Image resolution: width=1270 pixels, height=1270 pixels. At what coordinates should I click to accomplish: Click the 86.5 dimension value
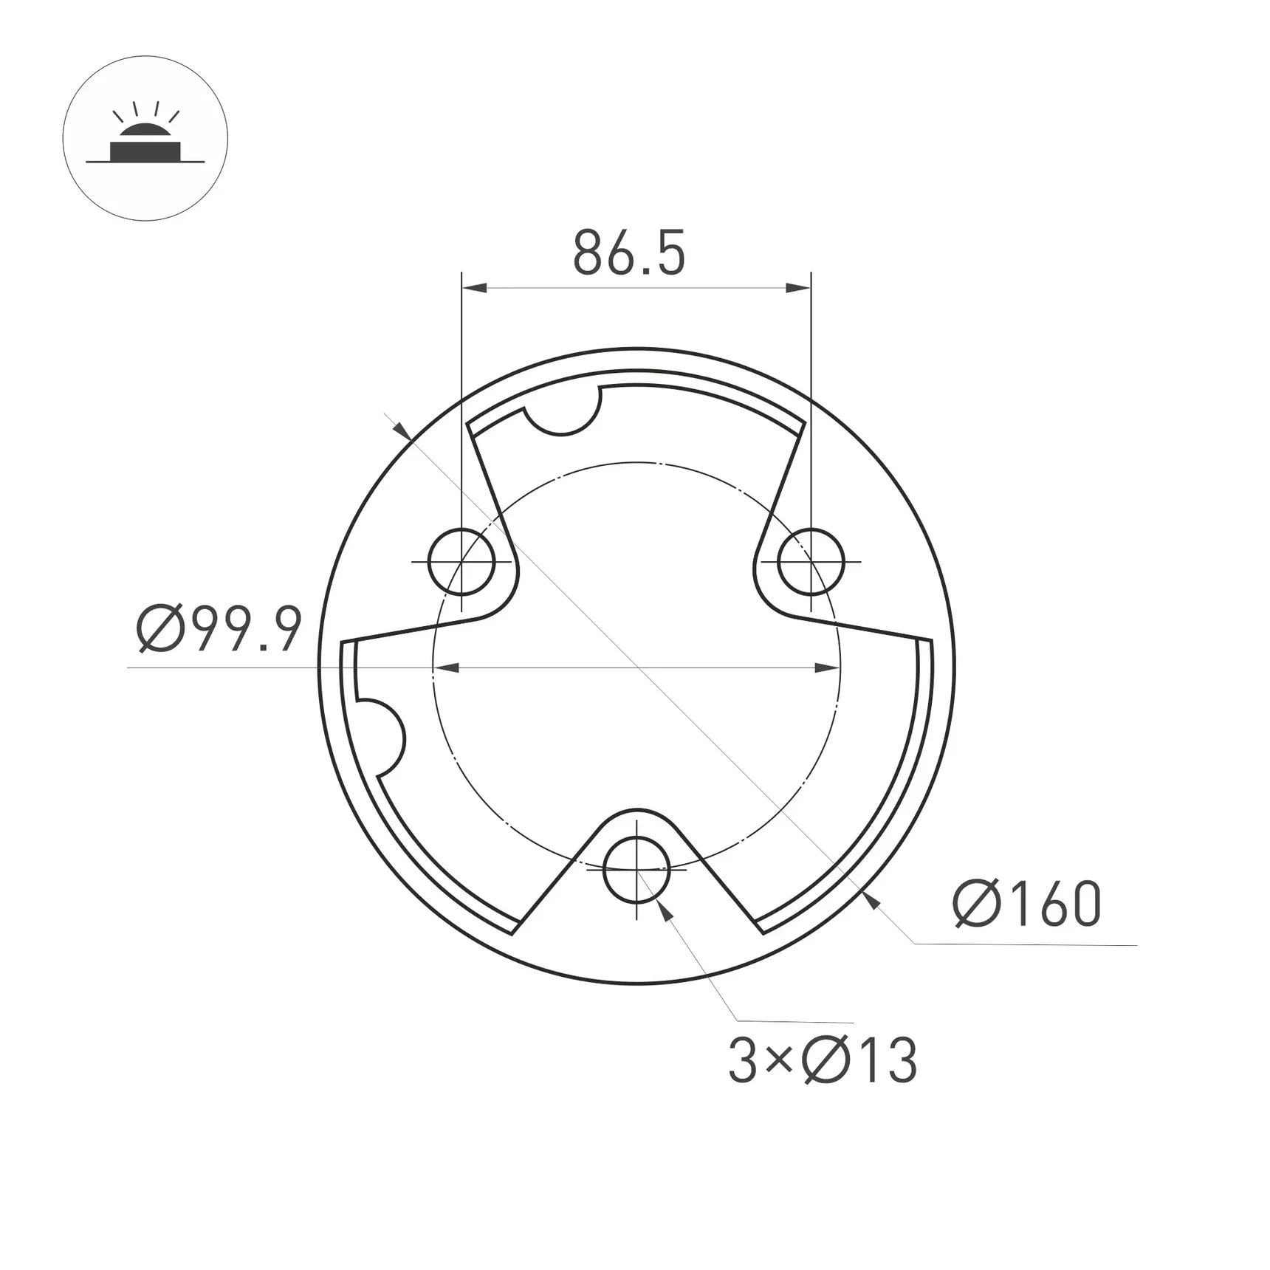pos(629,253)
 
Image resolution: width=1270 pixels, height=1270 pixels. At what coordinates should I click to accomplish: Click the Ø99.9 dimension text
pos(219,630)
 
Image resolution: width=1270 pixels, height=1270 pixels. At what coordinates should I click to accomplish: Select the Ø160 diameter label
pos(1027,904)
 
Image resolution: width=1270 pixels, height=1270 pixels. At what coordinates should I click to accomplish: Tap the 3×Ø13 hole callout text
pos(823,1060)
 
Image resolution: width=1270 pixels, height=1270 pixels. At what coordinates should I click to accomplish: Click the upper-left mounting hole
pos(461,562)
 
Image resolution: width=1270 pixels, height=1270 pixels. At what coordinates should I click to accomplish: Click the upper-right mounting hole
pos(811,562)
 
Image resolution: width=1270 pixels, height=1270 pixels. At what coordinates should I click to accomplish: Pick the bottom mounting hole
pos(636,871)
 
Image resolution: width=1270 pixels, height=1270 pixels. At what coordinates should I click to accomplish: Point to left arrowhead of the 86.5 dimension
pos(474,287)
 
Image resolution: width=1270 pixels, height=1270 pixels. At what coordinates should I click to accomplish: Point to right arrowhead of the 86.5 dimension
pos(798,287)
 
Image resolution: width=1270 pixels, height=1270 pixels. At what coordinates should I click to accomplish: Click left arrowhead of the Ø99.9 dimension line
pos(446,667)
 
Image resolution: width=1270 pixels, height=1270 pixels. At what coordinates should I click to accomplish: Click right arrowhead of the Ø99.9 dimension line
pos(826,667)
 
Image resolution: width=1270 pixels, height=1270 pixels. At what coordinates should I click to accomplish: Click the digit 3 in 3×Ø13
pos(743,1060)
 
